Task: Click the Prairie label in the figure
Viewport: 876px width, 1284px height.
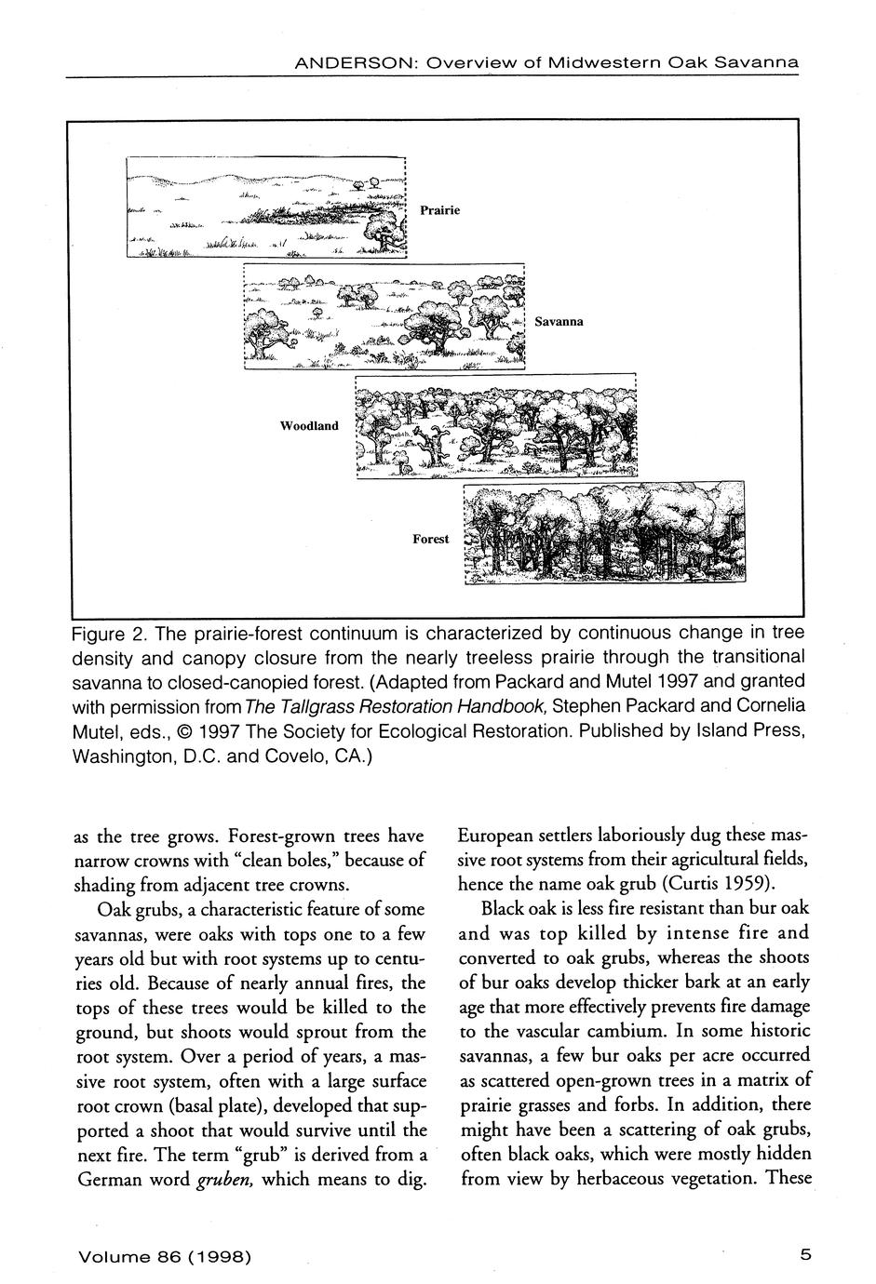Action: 439,210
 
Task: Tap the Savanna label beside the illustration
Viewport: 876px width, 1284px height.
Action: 559,321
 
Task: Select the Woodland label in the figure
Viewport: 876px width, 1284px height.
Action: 310,425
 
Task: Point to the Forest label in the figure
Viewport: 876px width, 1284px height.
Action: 431,539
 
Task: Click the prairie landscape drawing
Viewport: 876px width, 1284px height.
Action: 267,208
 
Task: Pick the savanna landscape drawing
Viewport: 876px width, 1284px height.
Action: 384,318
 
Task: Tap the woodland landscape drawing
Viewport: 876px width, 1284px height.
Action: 497,426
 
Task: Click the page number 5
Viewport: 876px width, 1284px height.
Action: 805,1253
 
